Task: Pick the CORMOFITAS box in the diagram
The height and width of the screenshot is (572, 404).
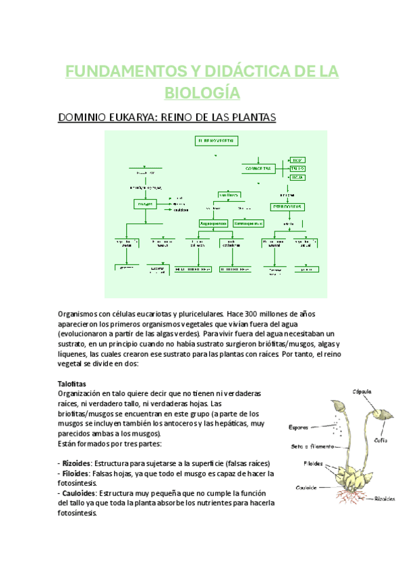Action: [258, 168]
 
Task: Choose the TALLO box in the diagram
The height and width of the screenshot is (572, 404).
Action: [297, 168]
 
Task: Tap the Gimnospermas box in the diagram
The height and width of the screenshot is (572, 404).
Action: [249, 223]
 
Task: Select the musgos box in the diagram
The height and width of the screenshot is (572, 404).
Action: [146, 203]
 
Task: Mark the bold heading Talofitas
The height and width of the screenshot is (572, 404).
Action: [73, 383]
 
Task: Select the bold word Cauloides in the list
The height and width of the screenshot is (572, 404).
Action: [80, 493]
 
